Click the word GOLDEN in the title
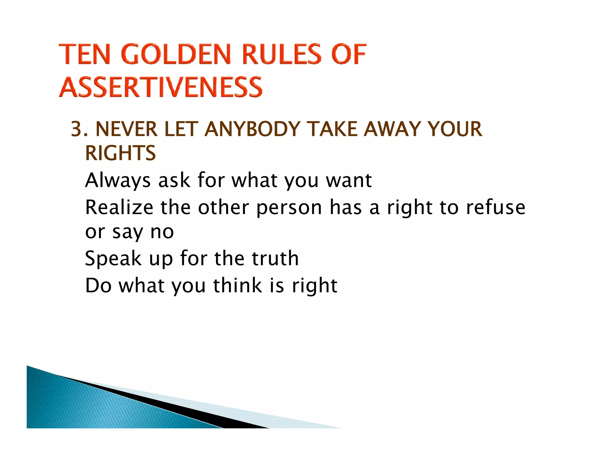point(176,54)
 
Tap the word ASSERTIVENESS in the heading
point(161,87)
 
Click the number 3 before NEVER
point(77,129)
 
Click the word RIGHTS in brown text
point(120,153)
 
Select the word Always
point(118,181)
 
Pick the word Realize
point(119,207)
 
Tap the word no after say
point(162,232)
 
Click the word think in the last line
point(238,286)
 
